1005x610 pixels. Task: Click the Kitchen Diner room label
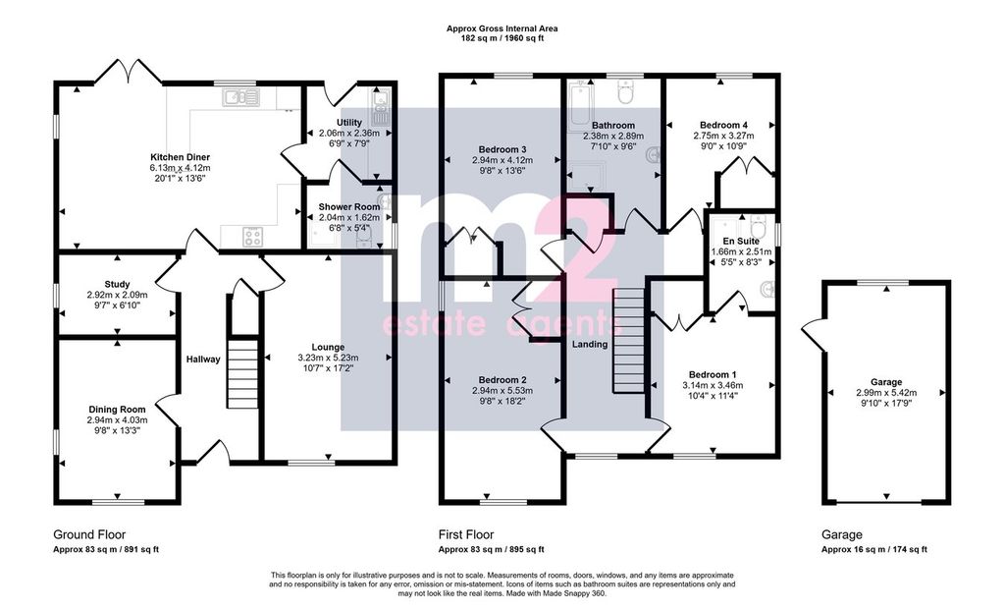point(180,157)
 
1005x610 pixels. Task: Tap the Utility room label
point(349,122)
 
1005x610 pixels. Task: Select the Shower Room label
point(349,207)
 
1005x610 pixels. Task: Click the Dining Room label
point(118,410)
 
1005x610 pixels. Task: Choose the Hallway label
point(204,360)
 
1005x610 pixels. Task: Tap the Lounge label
point(328,347)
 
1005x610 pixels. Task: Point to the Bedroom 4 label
point(721,125)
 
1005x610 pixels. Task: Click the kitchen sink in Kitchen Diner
point(238,96)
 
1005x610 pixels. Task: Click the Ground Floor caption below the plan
point(89,534)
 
